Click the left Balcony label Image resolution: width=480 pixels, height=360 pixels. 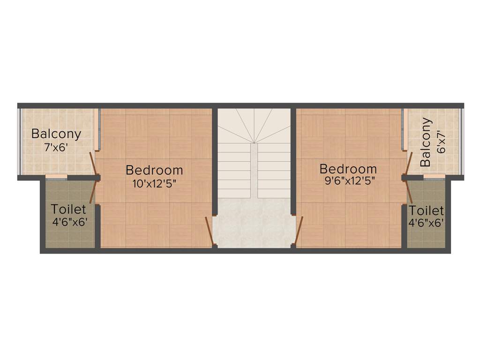pos(56,134)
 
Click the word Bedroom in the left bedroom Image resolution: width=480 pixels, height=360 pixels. pos(154,170)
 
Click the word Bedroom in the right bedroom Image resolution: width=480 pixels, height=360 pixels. pos(348,169)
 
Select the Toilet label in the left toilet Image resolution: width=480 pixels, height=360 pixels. pos(68,209)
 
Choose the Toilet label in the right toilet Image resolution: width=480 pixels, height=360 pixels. pos(426,211)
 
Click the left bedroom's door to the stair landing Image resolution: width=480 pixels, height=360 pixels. pos(210,231)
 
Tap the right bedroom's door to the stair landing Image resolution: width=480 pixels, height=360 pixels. pos(299,230)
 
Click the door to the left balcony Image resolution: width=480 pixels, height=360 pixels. pos(94,164)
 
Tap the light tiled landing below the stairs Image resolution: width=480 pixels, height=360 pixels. pos(254,223)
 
